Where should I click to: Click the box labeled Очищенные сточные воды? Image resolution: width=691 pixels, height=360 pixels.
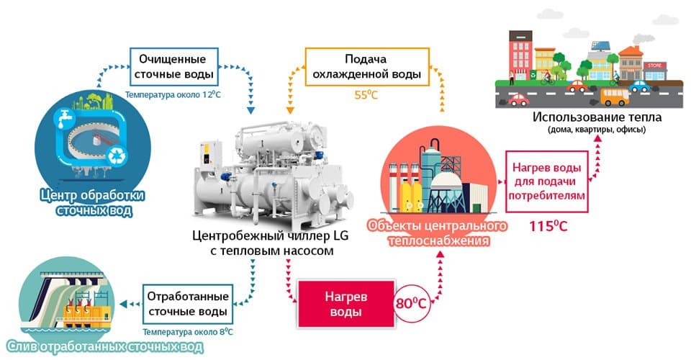(x=173, y=66)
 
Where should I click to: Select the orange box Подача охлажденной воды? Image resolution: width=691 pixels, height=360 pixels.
(x=366, y=66)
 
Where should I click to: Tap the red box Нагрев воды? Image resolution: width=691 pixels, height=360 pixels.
(x=346, y=304)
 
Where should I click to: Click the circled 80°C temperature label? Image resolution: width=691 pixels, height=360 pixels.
(x=411, y=303)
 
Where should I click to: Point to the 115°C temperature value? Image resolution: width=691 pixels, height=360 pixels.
(x=548, y=226)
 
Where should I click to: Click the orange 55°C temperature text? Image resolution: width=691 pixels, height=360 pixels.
(x=366, y=95)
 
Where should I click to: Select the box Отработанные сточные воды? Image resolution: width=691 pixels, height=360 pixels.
(x=188, y=304)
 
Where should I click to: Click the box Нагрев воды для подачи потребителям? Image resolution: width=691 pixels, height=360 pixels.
(x=547, y=181)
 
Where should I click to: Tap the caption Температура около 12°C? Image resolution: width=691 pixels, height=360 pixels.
(x=173, y=95)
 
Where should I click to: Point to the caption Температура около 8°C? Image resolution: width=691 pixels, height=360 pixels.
(x=188, y=332)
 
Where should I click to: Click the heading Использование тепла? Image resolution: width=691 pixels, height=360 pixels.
(x=597, y=117)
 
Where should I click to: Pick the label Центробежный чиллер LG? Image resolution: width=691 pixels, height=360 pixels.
(x=270, y=235)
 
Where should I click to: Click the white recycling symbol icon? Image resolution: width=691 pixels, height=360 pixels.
(x=117, y=156)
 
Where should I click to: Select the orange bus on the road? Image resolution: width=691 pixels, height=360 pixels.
(x=615, y=97)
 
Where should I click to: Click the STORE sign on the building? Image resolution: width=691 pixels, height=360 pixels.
(x=654, y=66)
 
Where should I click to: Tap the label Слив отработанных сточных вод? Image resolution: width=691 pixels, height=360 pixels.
(x=105, y=347)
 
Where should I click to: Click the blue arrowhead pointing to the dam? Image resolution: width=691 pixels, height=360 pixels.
(x=123, y=304)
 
